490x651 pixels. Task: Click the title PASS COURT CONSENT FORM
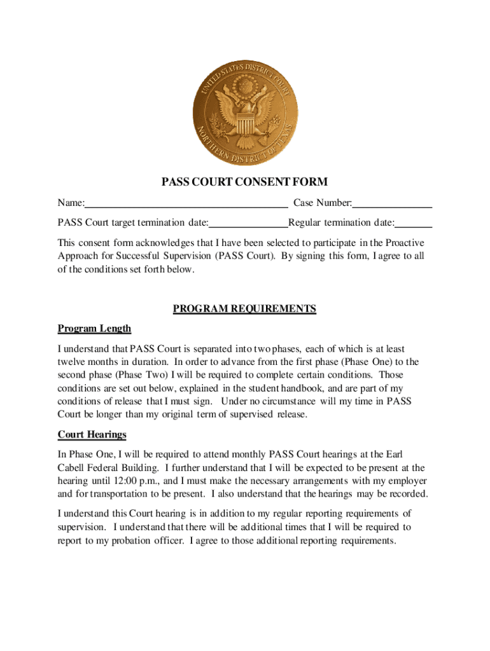point(244,182)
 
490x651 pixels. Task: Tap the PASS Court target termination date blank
point(248,223)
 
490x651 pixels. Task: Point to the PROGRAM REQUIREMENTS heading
point(244,309)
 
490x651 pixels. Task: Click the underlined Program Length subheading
point(94,329)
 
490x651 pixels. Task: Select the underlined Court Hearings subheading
point(92,435)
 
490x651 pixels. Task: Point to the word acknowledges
point(162,243)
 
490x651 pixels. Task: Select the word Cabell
point(72,468)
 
